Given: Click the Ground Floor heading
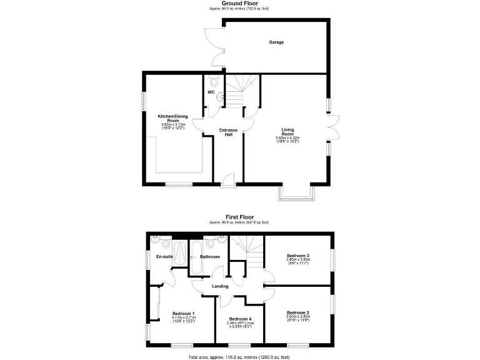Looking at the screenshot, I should (240, 4).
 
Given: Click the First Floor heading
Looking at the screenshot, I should (240, 217).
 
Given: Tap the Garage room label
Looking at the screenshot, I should (276, 42).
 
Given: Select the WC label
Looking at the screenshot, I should (211, 93).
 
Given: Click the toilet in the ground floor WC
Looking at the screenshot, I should (215, 82).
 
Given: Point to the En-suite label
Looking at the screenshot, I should (164, 257).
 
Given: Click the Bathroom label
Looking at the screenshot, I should (210, 257).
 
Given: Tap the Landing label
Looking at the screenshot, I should (220, 286).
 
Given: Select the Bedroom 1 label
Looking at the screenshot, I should (184, 314).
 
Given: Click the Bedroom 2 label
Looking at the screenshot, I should (298, 312).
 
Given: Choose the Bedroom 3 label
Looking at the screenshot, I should (298, 256).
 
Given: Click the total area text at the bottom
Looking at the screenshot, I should (240, 356).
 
